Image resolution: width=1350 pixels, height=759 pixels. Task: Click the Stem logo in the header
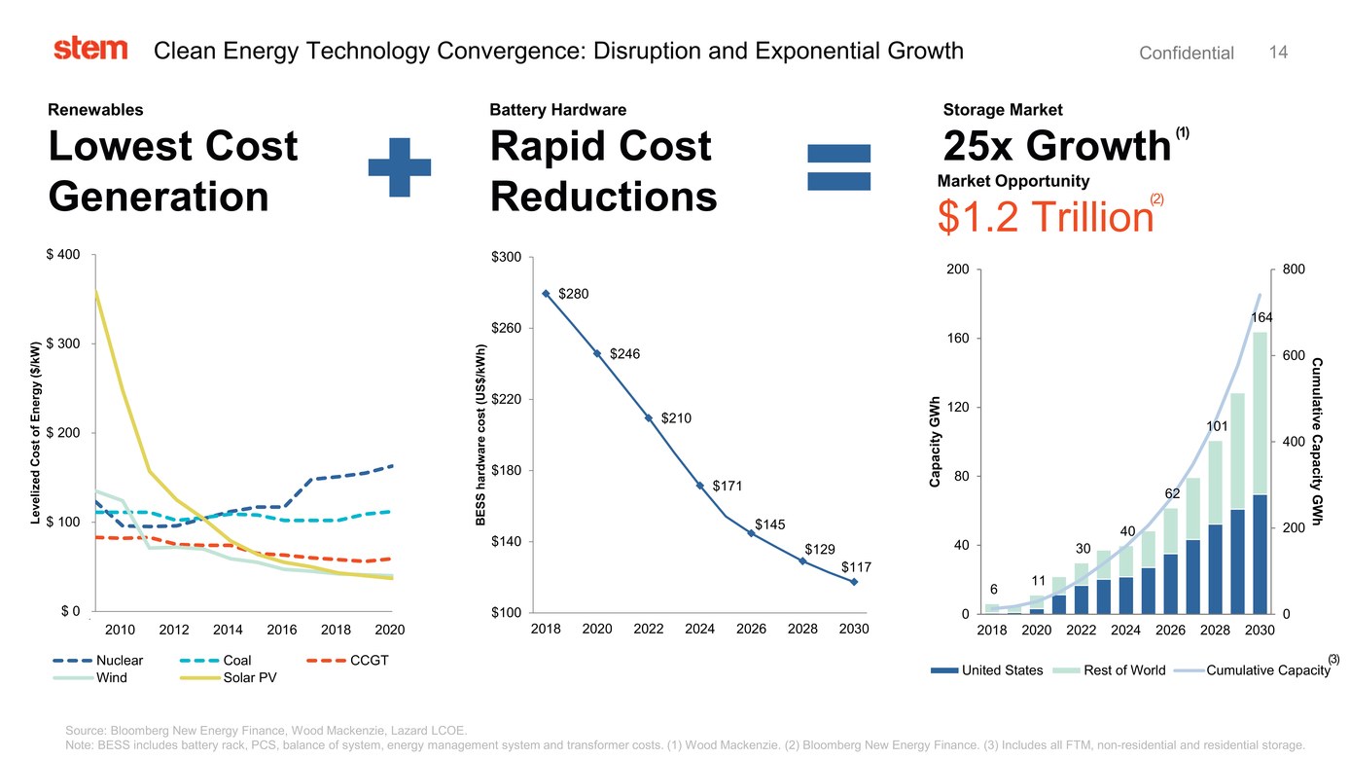90,49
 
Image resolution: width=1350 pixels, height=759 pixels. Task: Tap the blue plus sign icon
399,167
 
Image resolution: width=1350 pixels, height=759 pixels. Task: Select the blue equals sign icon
839,167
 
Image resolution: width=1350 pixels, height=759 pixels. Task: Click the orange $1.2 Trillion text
1045,216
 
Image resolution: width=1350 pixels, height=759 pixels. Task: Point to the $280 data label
573,294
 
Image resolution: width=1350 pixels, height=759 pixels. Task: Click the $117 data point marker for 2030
854,582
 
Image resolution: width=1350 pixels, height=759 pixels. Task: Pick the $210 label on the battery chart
676,418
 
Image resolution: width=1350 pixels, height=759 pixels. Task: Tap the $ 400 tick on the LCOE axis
63,255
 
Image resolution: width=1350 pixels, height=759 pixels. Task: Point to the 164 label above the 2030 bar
1261,317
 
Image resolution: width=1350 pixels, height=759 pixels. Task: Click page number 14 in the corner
1278,53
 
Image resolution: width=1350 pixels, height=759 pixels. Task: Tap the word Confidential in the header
1186,54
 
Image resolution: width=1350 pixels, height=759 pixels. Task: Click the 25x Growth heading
1056,146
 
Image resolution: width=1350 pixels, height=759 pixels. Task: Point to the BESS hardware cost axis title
480,435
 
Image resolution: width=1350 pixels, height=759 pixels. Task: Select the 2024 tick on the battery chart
699,630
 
